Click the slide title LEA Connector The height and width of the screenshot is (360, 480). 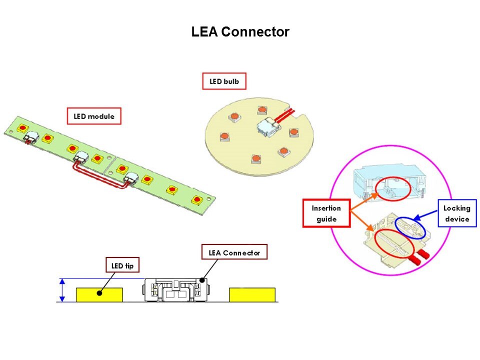tap(240, 32)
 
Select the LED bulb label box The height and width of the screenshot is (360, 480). tap(224, 81)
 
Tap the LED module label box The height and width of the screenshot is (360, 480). tap(94, 116)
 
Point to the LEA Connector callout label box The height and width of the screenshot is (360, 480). tap(234, 252)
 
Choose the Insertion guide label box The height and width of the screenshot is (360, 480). tap(326, 213)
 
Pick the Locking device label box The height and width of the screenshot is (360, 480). tap(457, 213)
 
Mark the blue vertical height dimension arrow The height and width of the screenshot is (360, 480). tap(62, 290)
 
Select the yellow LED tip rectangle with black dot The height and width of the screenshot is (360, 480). tap(99, 294)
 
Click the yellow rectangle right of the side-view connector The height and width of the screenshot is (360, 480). tap(252, 294)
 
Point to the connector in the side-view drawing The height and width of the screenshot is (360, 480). tap(176, 290)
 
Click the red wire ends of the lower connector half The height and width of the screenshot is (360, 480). tap(419, 256)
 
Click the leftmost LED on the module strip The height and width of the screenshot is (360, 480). tap(23, 129)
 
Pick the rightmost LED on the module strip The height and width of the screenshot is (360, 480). tap(197, 200)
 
